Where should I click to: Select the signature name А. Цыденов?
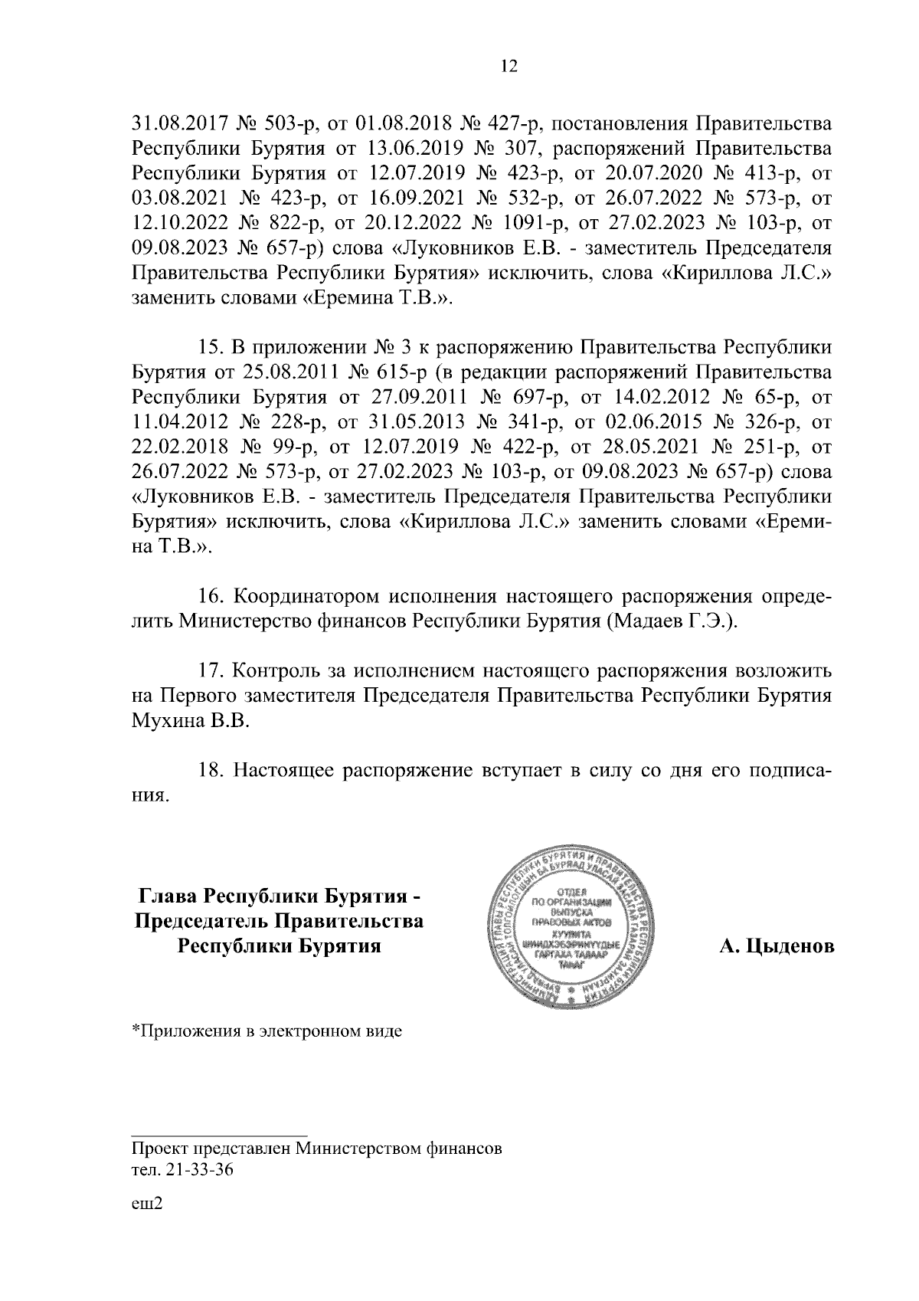(x=776, y=947)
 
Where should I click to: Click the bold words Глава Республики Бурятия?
(x=279, y=896)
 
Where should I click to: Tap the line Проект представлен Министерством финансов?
(x=317, y=1150)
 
